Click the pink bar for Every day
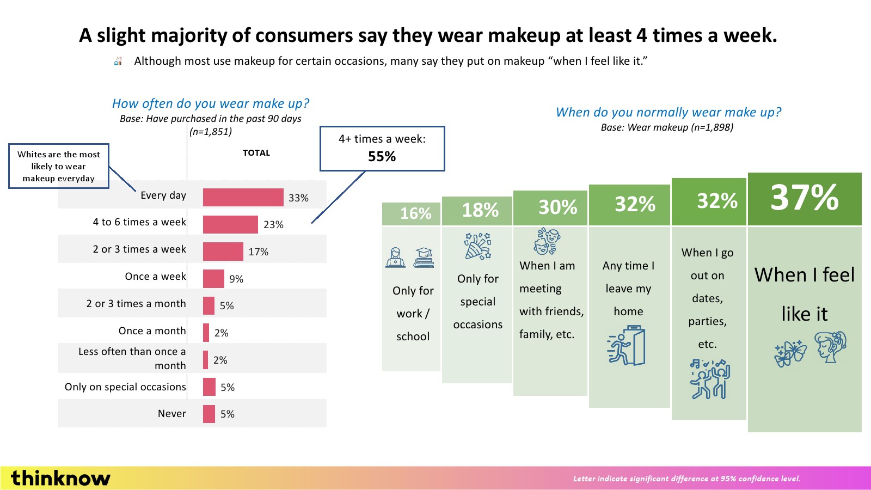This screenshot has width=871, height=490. click(x=243, y=197)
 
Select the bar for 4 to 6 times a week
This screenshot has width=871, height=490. click(x=230, y=224)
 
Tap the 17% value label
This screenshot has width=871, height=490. click(x=259, y=252)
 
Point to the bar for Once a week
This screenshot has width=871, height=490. click(x=213, y=279)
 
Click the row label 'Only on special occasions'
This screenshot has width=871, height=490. click(x=125, y=387)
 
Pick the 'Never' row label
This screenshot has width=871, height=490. click(x=172, y=414)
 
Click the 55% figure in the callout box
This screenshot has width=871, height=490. click(x=382, y=157)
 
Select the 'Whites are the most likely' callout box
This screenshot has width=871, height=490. click(x=59, y=166)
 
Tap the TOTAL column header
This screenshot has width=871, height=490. click(x=256, y=153)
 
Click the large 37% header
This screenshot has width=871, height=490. click(x=805, y=197)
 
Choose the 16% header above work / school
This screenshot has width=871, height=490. click(x=416, y=213)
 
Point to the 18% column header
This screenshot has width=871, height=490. click(x=480, y=210)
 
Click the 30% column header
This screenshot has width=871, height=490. click(x=557, y=207)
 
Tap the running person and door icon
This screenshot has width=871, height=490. click(x=627, y=345)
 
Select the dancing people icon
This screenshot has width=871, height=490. click(x=710, y=379)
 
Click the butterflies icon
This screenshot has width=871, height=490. click(x=790, y=353)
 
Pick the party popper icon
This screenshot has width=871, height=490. click(x=477, y=246)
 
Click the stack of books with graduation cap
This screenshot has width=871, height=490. click(x=424, y=258)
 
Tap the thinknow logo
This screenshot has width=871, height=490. click(x=60, y=478)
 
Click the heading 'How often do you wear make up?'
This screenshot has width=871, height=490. click(x=211, y=103)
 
